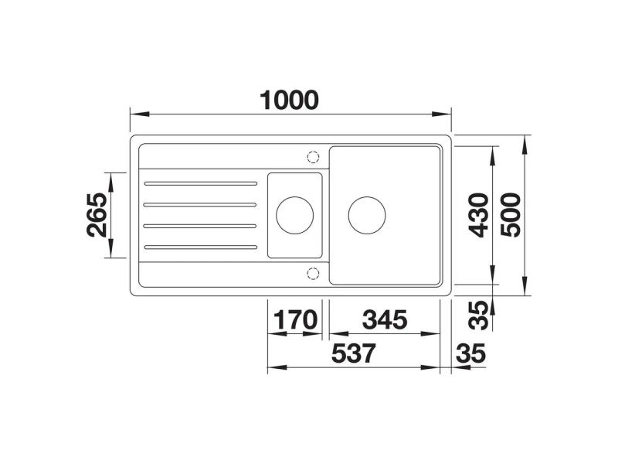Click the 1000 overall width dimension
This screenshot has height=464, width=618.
289,101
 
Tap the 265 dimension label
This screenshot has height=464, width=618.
97,215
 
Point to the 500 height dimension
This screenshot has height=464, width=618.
511,215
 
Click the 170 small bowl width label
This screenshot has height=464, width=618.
295,319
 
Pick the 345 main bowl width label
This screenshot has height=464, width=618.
385,319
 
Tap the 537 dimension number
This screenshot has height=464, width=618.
354,353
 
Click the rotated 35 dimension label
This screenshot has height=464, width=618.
480,316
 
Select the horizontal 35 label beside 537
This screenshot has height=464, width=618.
471,353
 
